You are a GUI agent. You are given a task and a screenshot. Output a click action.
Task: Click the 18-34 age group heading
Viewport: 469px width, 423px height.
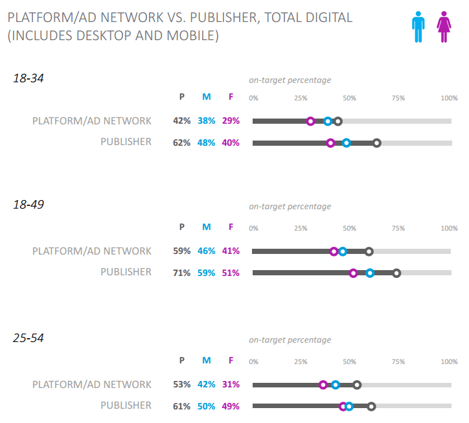pos(28,78)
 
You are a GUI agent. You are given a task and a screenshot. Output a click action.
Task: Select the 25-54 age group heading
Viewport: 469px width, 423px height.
pos(28,337)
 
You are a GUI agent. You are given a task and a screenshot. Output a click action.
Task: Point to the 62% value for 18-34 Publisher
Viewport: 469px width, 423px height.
pos(181,143)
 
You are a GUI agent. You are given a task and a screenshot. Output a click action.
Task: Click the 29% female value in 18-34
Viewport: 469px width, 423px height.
pos(231,121)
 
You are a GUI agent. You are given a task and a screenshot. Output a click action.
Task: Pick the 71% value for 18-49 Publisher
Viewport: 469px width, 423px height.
pos(181,273)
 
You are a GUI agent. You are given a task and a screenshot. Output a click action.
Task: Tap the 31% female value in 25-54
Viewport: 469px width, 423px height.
pos(231,384)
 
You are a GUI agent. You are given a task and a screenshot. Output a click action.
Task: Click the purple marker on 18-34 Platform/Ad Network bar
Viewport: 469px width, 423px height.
pos(310,121)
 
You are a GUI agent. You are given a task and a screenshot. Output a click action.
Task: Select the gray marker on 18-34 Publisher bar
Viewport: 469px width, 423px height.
pos(377,143)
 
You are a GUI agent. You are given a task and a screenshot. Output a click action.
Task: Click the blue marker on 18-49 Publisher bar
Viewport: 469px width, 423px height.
pos(370,273)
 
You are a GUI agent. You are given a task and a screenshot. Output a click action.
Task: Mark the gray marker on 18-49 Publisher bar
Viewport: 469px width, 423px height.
pos(396,273)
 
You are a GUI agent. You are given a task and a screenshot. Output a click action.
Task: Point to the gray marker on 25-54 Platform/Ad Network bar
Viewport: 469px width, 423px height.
pos(357,385)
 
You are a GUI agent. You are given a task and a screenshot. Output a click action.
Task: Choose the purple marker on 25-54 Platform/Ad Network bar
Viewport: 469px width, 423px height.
pos(323,385)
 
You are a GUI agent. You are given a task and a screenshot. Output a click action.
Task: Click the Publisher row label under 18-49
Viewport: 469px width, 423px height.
pos(126,272)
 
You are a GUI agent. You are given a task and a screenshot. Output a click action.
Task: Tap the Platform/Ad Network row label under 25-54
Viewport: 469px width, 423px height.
pos(92,384)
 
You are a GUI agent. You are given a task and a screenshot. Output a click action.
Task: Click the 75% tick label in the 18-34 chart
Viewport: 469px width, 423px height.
pos(398,98)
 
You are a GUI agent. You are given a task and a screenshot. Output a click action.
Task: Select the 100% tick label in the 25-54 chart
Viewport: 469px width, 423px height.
pos(449,361)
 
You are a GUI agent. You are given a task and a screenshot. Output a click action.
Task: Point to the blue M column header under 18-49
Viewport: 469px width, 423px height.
pos(207,227)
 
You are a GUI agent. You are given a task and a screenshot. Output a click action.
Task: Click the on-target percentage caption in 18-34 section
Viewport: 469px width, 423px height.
pos(290,80)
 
